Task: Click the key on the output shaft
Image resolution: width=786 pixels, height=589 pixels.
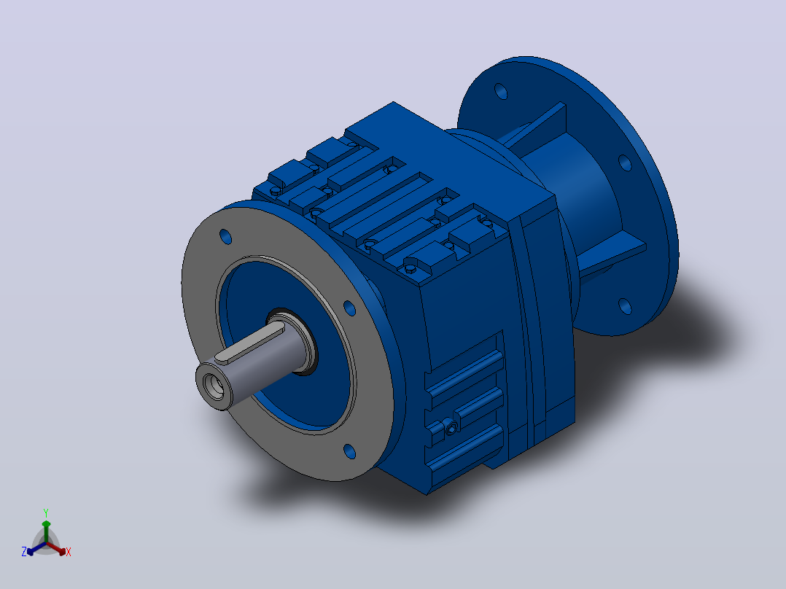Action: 249,343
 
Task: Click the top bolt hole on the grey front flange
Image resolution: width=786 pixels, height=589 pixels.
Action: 225,237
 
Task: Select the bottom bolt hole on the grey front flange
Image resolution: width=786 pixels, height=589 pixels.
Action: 349,451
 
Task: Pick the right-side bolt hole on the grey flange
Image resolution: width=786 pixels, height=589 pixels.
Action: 349,308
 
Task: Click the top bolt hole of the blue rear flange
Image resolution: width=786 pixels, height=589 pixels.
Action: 501,91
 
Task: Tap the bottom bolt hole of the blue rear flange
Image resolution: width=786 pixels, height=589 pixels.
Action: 625,305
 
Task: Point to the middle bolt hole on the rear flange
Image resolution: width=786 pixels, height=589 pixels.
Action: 625,163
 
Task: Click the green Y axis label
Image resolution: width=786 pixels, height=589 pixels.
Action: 46,512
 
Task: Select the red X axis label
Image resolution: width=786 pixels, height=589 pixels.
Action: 69,552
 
